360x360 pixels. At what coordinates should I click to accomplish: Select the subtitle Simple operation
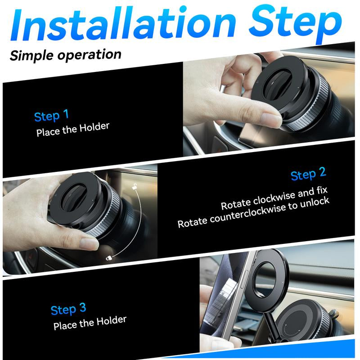(66, 55)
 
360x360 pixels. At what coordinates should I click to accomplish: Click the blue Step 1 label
(52, 116)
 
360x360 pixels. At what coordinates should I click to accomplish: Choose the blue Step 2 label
(308, 174)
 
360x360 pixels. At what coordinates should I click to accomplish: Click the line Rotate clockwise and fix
(274, 199)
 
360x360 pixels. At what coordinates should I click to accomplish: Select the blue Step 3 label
(68, 310)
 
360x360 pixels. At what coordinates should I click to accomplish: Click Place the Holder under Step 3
(90, 323)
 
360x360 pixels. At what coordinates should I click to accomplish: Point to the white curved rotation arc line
(140, 225)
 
